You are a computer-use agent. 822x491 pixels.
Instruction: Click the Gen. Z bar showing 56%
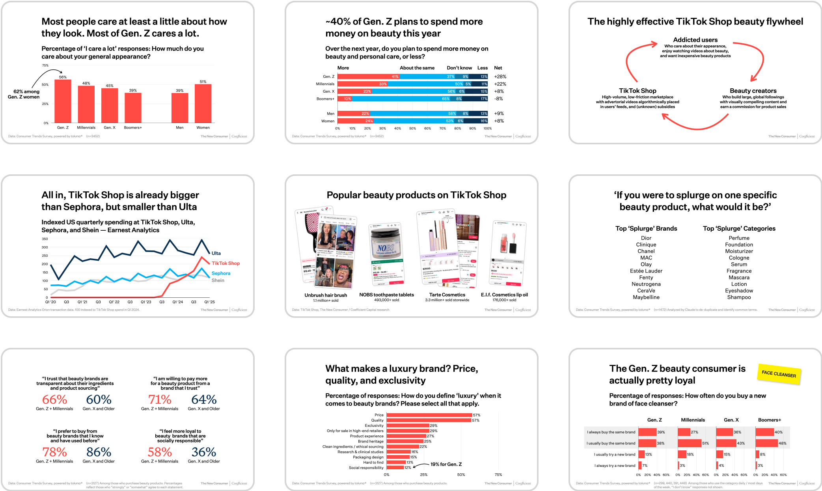pyautogui.click(x=63, y=101)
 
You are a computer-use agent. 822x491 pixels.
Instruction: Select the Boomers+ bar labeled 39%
pyautogui.click(x=133, y=108)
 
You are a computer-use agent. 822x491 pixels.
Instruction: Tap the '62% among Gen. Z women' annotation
pyautogui.click(x=24, y=94)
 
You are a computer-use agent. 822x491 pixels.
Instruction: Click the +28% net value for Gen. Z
pyautogui.click(x=500, y=77)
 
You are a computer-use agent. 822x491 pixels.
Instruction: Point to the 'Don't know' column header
pyautogui.click(x=459, y=68)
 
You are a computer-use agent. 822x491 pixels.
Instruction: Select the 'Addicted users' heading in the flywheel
pyautogui.click(x=695, y=40)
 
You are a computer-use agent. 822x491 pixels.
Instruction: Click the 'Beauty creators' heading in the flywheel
pyautogui.click(x=753, y=91)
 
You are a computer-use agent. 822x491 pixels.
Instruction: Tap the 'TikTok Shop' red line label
pyautogui.click(x=226, y=263)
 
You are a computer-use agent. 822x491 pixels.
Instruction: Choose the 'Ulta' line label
pyautogui.click(x=216, y=253)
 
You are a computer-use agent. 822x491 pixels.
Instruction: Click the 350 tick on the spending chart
pyautogui.click(x=45, y=239)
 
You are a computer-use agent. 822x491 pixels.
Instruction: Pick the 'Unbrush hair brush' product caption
pyautogui.click(x=326, y=295)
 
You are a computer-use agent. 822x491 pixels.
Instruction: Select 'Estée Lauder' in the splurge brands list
pyautogui.click(x=646, y=271)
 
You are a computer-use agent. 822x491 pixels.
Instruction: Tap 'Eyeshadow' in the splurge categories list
pyautogui.click(x=739, y=291)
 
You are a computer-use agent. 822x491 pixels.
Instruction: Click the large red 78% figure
pyautogui.click(x=54, y=452)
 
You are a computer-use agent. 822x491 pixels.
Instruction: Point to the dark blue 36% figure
pyautogui.click(x=204, y=452)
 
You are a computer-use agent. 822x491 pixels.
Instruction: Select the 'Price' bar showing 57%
pyautogui.click(x=429, y=415)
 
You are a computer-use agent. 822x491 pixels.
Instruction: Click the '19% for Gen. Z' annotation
pyautogui.click(x=446, y=464)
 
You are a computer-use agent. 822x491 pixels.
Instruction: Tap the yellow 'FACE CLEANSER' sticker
pyautogui.click(x=779, y=373)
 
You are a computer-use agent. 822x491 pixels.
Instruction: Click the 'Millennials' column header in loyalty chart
pyautogui.click(x=693, y=420)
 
